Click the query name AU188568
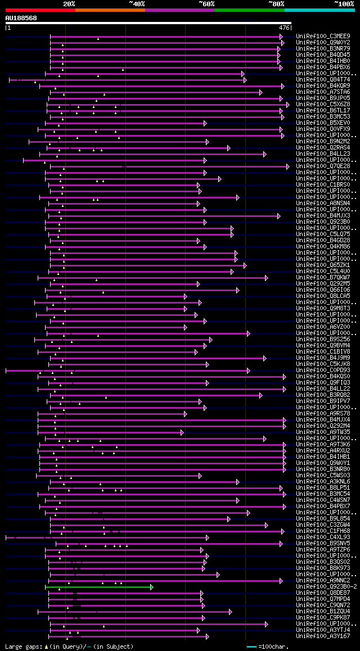point(21,18)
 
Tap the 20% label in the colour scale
point(69,3)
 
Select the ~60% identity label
point(206,3)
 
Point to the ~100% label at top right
point(344,3)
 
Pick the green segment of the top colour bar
point(249,10)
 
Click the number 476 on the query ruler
point(284,27)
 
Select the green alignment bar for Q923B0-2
point(98,587)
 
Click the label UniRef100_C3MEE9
point(323,37)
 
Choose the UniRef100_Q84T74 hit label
point(323,80)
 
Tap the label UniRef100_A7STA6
point(323,92)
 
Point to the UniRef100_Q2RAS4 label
point(323,148)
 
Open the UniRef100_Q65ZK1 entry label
point(323,265)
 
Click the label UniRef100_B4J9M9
point(323,358)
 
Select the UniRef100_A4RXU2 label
point(323,451)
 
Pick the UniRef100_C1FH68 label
point(323,531)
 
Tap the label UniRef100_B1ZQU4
point(323,612)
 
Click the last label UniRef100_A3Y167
point(323,636)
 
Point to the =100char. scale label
point(276,647)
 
